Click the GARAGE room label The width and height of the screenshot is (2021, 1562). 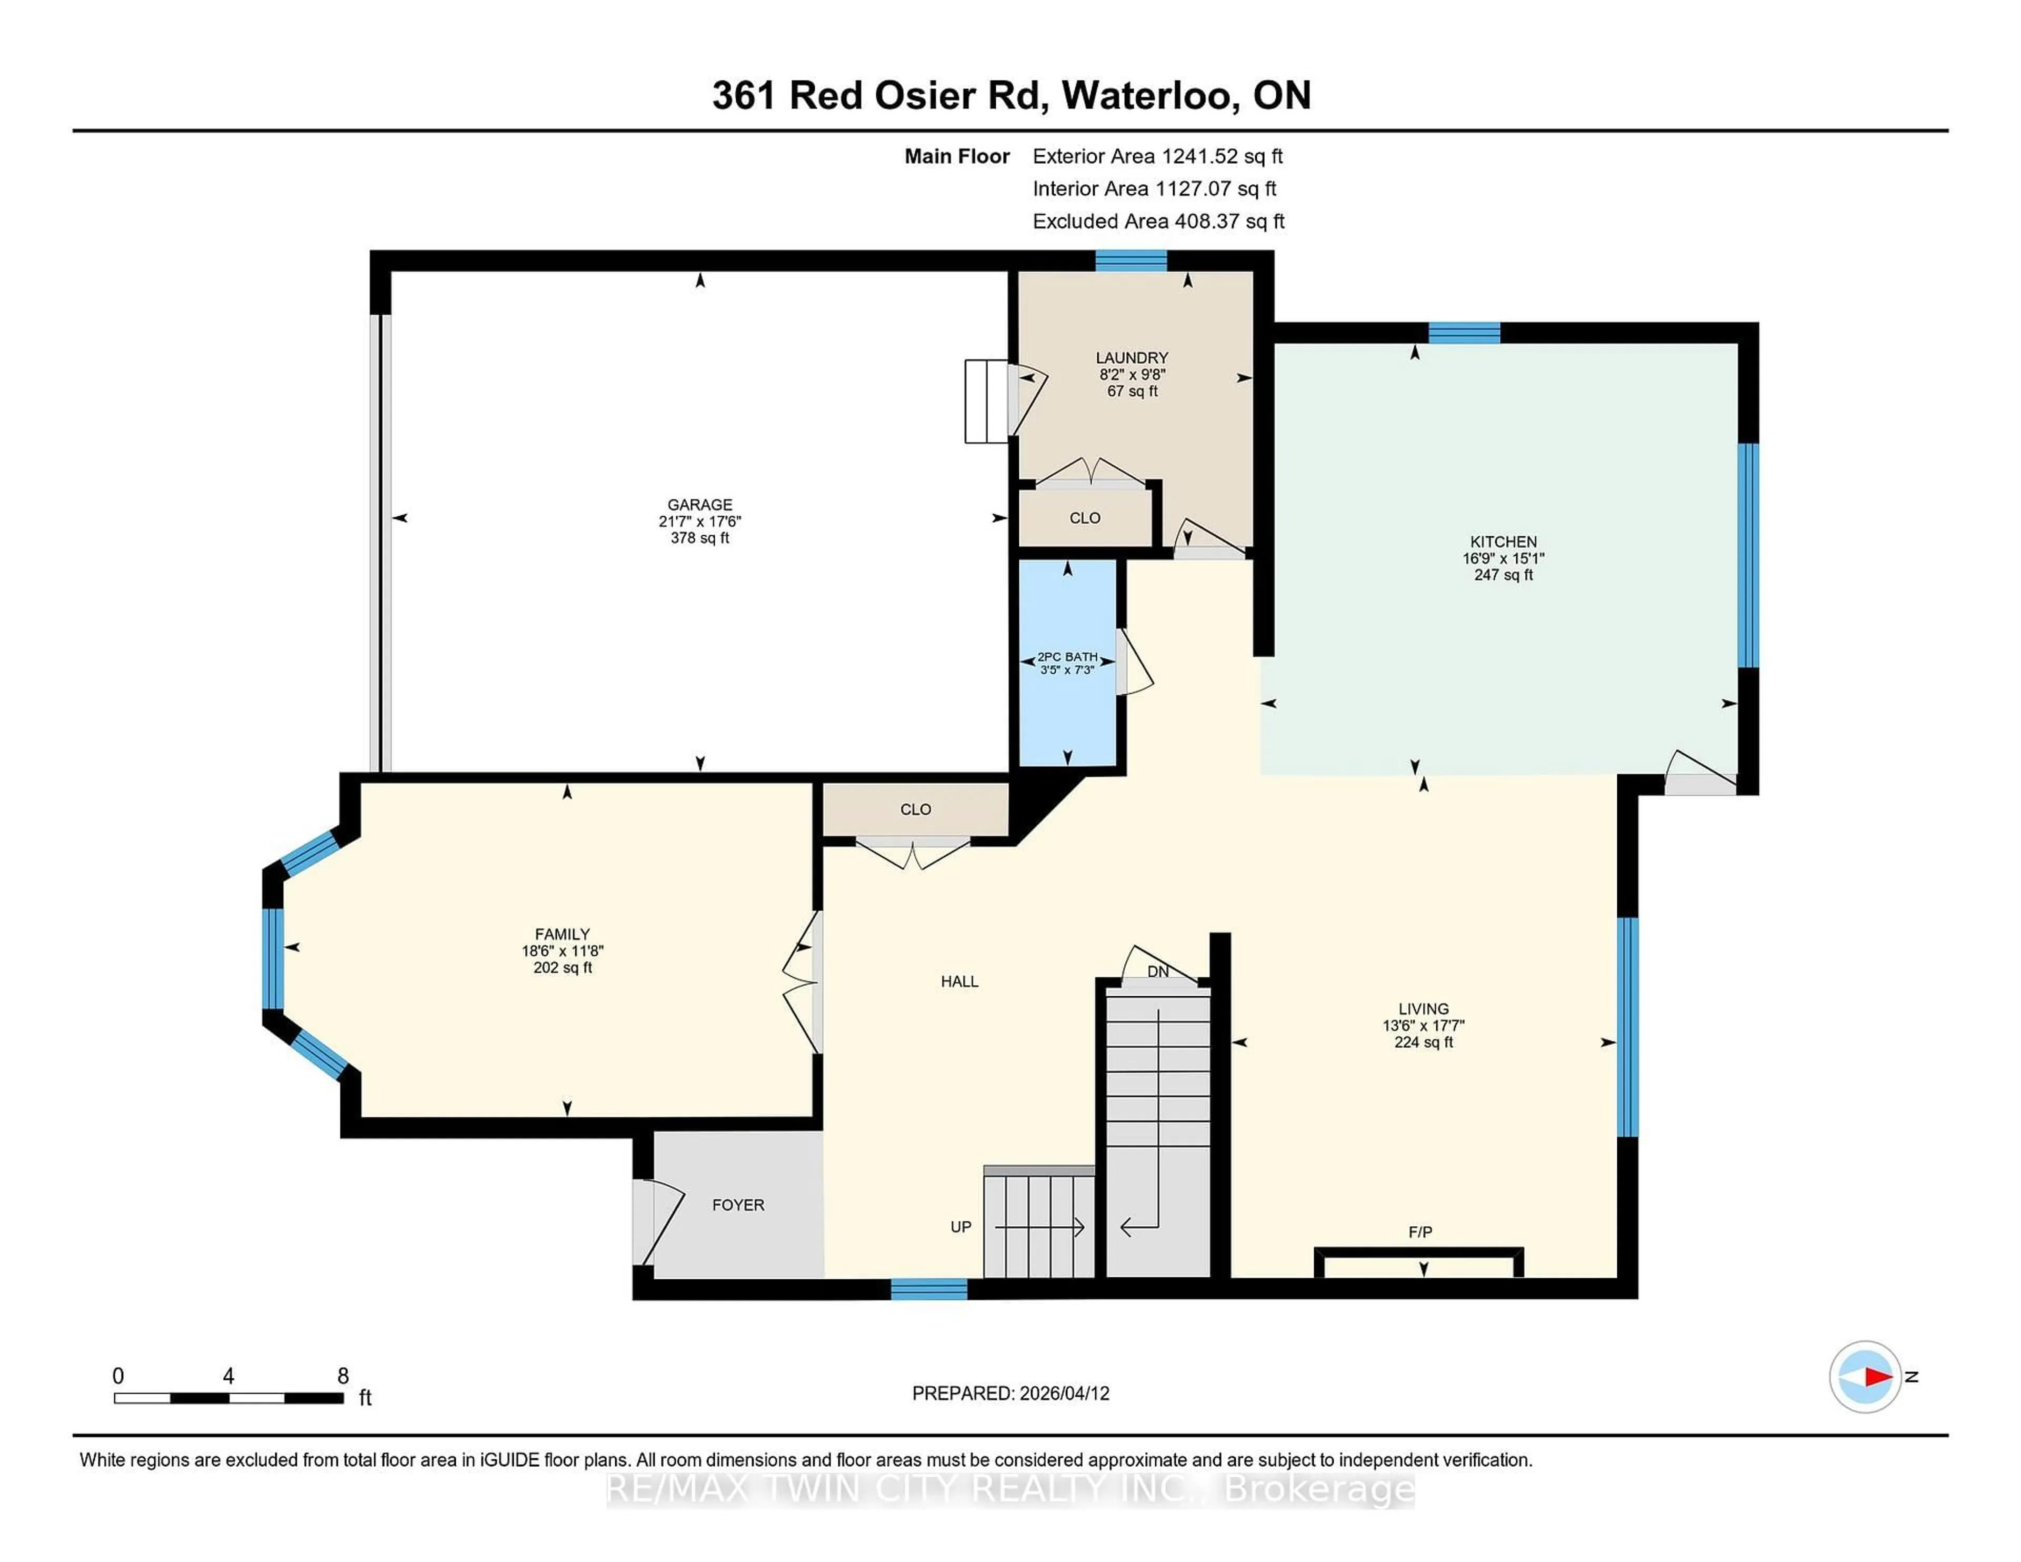click(x=699, y=504)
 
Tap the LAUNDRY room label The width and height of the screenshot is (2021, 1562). click(x=1132, y=358)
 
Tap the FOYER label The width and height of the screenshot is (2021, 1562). click(x=737, y=1205)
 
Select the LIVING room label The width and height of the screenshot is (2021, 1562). click(x=1423, y=1009)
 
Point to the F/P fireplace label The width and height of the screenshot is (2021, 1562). click(x=1420, y=1231)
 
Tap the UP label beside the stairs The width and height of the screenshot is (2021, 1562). click(x=961, y=1227)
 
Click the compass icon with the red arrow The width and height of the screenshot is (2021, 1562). click(x=1865, y=1377)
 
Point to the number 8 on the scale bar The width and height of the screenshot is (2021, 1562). click(x=343, y=1376)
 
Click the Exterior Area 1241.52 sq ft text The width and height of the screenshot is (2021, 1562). click(x=1158, y=156)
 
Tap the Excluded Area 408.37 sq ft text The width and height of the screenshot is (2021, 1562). click(x=1158, y=221)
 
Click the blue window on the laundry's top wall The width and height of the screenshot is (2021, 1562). click(x=1131, y=261)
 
